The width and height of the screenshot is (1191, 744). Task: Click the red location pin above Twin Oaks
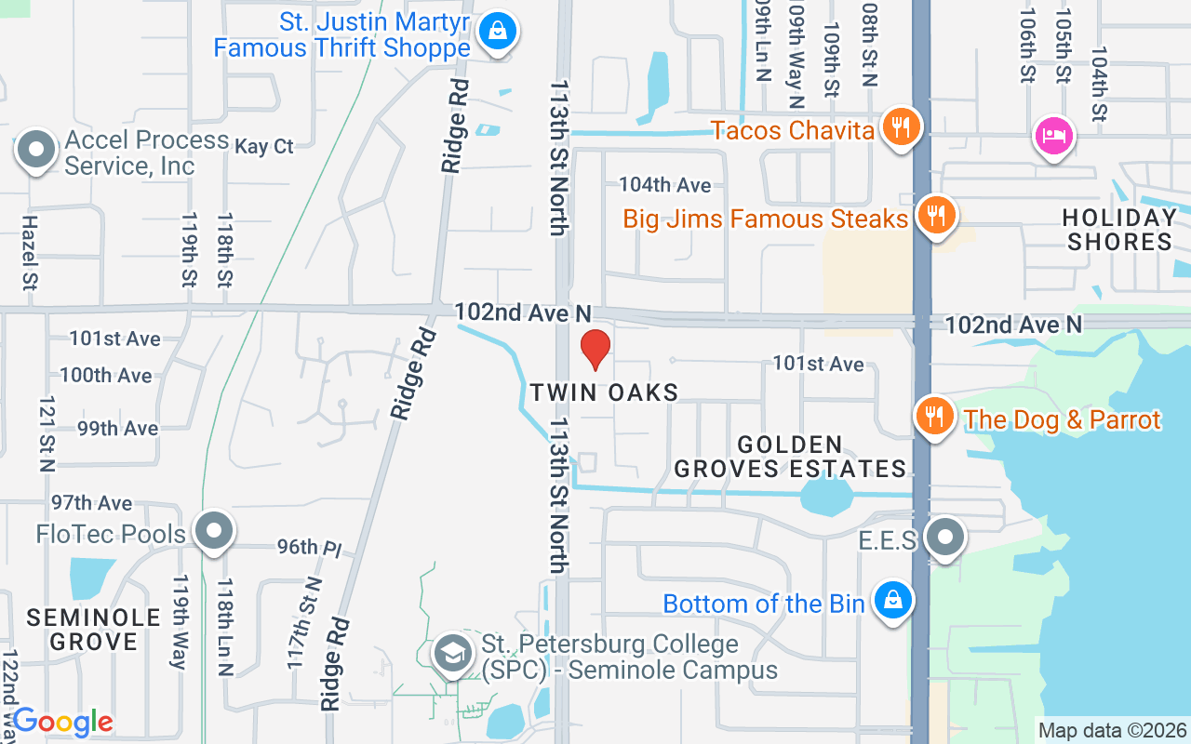pyautogui.click(x=595, y=349)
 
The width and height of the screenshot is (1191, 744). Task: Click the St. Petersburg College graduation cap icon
pyautogui.click(x=452, y=653)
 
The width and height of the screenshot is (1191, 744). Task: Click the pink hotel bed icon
pyautogui.click(x=1054, y=136)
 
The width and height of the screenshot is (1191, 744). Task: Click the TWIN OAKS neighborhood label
pyautogui.click(x=605, y=392)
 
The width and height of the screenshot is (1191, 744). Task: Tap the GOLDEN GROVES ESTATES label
pyautogui.click(x=790, y=457)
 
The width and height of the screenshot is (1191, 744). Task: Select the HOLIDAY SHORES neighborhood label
pyautogui.click(x=1119, y=230)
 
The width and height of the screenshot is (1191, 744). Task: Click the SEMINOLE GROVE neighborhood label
pyautogui.click(x=82, y=630)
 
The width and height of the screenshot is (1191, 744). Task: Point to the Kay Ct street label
pyautogui.click(x=264, y=147)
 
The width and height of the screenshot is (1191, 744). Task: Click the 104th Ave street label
pyautogui.click(x=665, y=185)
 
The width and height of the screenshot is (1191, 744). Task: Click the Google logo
pyautogui.click(x=62, y=722)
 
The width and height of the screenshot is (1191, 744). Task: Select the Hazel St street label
pyautogui.click(x=29, y=253)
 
